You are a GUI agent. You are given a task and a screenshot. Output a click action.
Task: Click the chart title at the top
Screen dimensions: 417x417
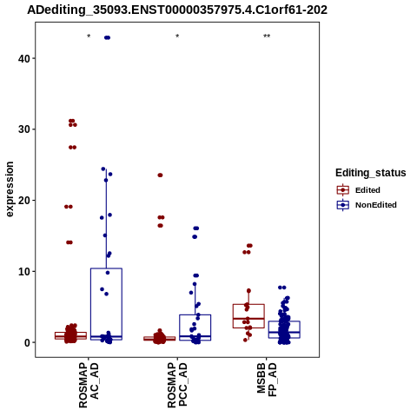point(177,10)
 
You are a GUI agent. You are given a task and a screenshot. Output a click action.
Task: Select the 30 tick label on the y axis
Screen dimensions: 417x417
point(24,129)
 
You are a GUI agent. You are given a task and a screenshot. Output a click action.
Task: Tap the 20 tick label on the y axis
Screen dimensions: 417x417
point(24,200)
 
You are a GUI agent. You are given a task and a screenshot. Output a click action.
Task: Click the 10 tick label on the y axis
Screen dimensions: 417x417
point(24,271)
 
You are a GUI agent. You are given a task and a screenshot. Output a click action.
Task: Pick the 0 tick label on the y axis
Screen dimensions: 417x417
point(28,342)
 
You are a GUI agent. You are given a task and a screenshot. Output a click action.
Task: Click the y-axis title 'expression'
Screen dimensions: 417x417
point(10,189)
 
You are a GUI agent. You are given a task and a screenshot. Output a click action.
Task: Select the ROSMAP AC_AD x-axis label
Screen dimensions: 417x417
point(89,385)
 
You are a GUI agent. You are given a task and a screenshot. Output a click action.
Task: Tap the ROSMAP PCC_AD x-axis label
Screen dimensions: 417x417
point(177,385)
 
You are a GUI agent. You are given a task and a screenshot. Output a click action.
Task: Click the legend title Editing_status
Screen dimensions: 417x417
point(371,173)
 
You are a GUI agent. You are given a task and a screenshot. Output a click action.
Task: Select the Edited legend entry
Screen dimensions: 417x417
point(358,190)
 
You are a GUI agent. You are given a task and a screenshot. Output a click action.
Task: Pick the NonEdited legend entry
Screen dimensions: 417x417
point(367,205)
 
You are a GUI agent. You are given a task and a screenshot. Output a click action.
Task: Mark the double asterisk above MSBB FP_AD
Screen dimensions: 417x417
point(267,36)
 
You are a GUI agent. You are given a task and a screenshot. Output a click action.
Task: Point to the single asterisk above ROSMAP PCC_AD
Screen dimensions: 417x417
point(177,36)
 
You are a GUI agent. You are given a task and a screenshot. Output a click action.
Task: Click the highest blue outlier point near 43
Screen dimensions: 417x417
point(107,37)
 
